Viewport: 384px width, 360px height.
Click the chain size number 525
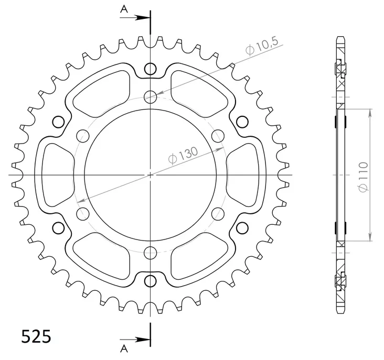coord(36,335)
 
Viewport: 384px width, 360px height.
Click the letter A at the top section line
coord(124,8)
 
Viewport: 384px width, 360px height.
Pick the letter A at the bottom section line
coord(124,348)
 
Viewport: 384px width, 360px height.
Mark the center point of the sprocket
coord(151,174)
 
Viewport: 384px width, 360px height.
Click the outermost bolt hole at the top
coord(151,69)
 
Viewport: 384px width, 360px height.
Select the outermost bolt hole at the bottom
coord(151,280)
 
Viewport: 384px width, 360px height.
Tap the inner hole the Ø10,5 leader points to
coord(151,96)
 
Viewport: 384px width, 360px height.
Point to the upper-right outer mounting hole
coord(242,122)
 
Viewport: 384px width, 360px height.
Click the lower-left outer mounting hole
coord(59,227)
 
